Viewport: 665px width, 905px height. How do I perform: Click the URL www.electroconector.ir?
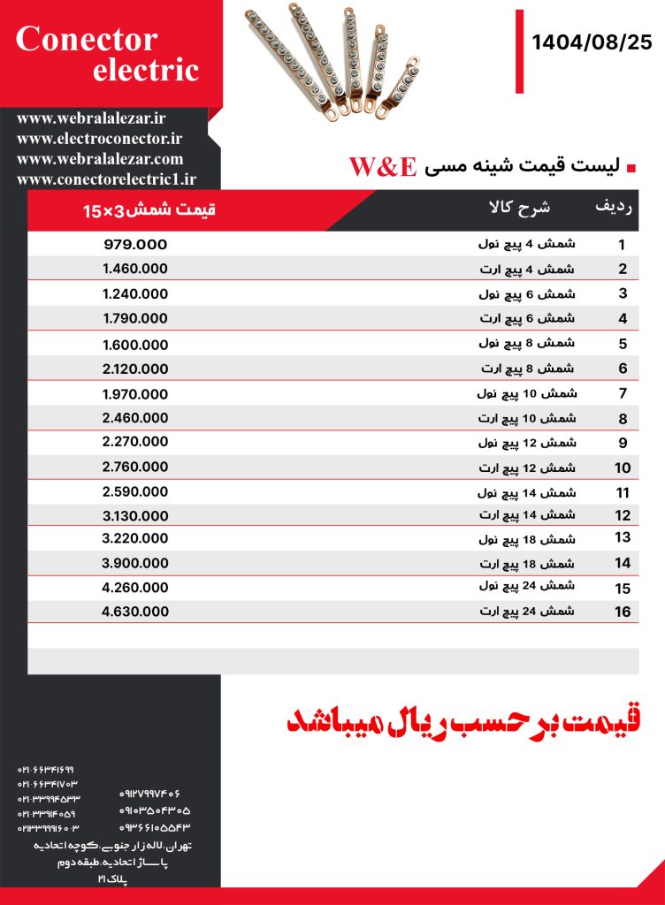click(x=99, y=138)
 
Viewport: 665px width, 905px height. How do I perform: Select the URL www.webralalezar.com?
click(x=100, y=159)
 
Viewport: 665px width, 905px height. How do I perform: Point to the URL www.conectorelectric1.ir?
click(x=106, y=179)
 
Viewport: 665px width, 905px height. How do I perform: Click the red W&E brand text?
click(x=382, y=167)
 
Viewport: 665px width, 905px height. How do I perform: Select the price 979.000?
click(x=135, y=245)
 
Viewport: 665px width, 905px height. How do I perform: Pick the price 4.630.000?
click(x=135, y=611)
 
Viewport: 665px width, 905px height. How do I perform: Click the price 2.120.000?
click(x=135, y=369)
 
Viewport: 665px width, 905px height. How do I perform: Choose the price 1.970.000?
click(x=135, y=393)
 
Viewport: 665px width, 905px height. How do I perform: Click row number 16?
click(x=623, y=612)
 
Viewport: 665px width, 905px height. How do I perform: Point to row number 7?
click(x=623, y=394)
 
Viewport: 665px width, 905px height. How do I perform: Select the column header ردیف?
click(x=614, y=208)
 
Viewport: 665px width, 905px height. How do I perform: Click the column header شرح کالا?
click(x=520, y=209)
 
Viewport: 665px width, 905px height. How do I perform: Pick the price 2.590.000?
click(x=135, y=491)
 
